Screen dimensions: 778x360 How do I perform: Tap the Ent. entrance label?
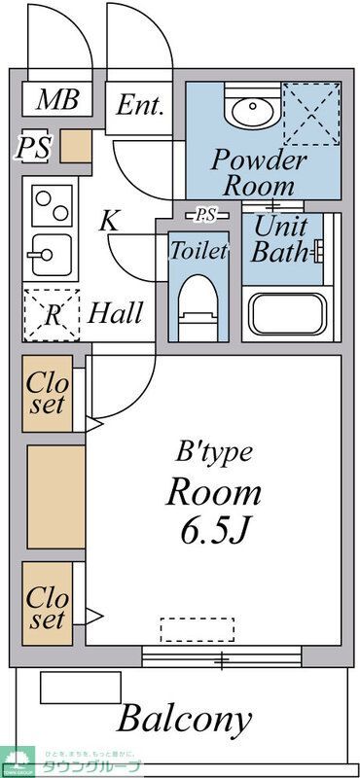coord(140,104)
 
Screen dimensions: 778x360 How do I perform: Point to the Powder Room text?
coord(258,171)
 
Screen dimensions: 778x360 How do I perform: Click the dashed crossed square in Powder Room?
coord(311,113)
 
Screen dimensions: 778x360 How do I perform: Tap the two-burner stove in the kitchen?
coord(51,205)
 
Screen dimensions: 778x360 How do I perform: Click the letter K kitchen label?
coord(110,221)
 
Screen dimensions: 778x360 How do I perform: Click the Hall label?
coord(116,313)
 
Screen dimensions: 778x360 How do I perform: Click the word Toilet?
coord(198,250)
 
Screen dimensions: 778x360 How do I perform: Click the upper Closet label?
coord(47,392)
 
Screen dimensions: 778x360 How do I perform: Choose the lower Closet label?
coord(47,606)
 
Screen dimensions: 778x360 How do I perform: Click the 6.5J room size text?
coord(216,532)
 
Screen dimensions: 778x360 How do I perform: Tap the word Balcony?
coord(185,720)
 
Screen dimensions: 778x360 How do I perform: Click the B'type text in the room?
coord(214,451)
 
